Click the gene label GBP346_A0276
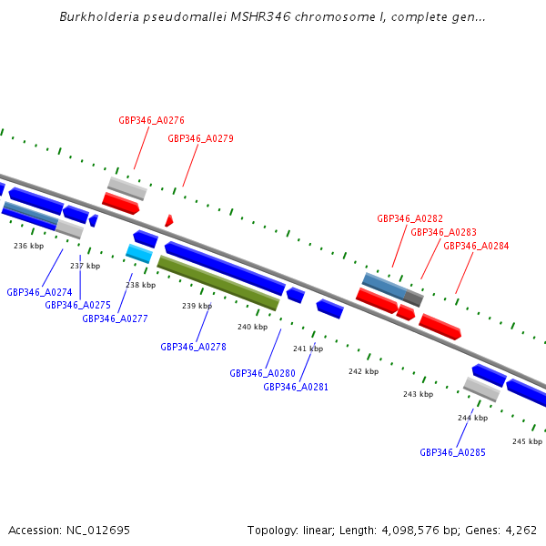tap(151, 120)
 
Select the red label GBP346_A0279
tap(200, 139)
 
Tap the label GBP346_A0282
tap(409, 219)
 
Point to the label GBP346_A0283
tap(443, 233)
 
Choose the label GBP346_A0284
tap(476, 247)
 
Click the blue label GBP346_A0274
tap(39, 292)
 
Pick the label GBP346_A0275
tap(77, 305)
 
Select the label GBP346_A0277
tap(115, 318)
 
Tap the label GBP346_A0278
tap(193, 347)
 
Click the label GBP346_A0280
tap(262, 373)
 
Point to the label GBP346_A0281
tap(296, 387)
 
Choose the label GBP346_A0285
tap(452, 452)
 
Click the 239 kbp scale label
tap(197, 306)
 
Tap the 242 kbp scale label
tap(363, 371)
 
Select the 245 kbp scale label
tap(527, 441)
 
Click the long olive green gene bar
tap(218, 283)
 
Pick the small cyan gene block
tap(138, 253)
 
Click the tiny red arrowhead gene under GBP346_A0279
tap(168, 221)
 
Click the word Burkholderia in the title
tap(96, 16)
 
